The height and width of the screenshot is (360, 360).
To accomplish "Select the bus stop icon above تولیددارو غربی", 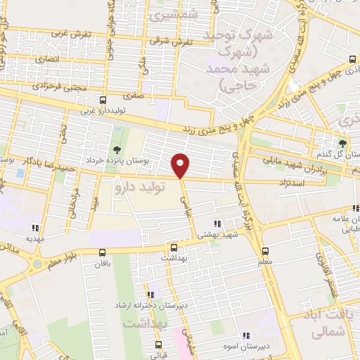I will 103,101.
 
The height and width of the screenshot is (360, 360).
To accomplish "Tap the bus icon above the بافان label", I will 103,252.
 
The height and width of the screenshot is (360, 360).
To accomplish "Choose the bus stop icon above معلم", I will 265,251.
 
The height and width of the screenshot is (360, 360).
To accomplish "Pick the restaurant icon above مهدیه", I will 35,227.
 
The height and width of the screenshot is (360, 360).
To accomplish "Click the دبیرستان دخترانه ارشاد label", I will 149,308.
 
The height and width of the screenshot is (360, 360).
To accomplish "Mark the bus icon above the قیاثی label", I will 157,345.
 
